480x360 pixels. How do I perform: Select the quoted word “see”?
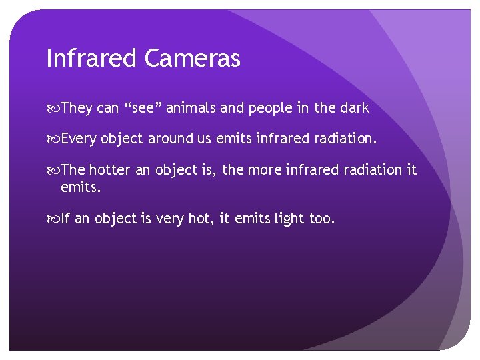141,107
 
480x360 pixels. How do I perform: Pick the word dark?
353,107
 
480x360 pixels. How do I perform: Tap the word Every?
78,139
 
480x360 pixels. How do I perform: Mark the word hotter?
110,170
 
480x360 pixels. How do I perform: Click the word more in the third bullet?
266,170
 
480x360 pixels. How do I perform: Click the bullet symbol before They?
53,108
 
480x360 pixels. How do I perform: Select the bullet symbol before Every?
53,139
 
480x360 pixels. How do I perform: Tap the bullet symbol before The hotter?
53,171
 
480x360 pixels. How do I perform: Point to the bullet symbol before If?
53,219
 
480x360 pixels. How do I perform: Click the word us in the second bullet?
204,139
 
